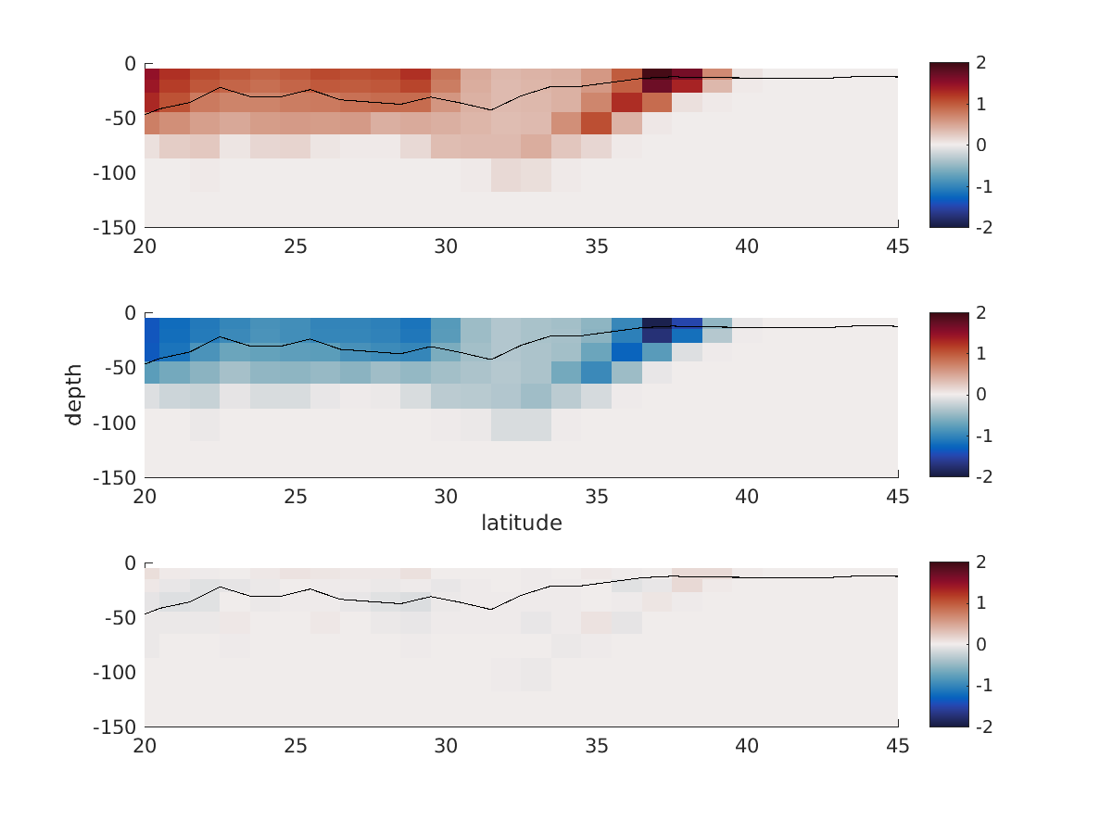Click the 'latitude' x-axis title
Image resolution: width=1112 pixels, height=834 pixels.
pos(521,524)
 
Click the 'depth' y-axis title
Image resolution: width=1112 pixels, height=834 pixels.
pos(74,395)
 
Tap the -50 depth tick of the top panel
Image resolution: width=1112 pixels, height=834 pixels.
pos(118,119)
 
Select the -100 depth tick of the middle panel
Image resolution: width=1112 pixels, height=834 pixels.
pos(113,423)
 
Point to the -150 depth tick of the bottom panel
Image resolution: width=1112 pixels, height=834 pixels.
pos(113,727)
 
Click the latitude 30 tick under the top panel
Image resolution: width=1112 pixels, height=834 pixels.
pos(446,246)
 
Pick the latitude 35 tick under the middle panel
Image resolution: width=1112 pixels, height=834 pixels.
pos(597,497)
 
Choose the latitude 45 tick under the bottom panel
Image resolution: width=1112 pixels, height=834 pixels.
pos(897,747)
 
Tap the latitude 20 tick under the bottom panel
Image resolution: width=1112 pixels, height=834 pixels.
pos(145,747)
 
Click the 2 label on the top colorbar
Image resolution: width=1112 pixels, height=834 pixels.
pos(980,63)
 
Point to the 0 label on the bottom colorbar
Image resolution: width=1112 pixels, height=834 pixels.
pos(980,645)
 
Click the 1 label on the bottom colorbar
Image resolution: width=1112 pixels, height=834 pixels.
pos(980,604)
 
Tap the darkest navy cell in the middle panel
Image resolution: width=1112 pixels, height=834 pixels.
pos(657,327)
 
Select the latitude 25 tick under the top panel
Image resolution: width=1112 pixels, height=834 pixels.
pos(296,246)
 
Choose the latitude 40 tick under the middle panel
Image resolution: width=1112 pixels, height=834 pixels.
pos(747,497)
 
